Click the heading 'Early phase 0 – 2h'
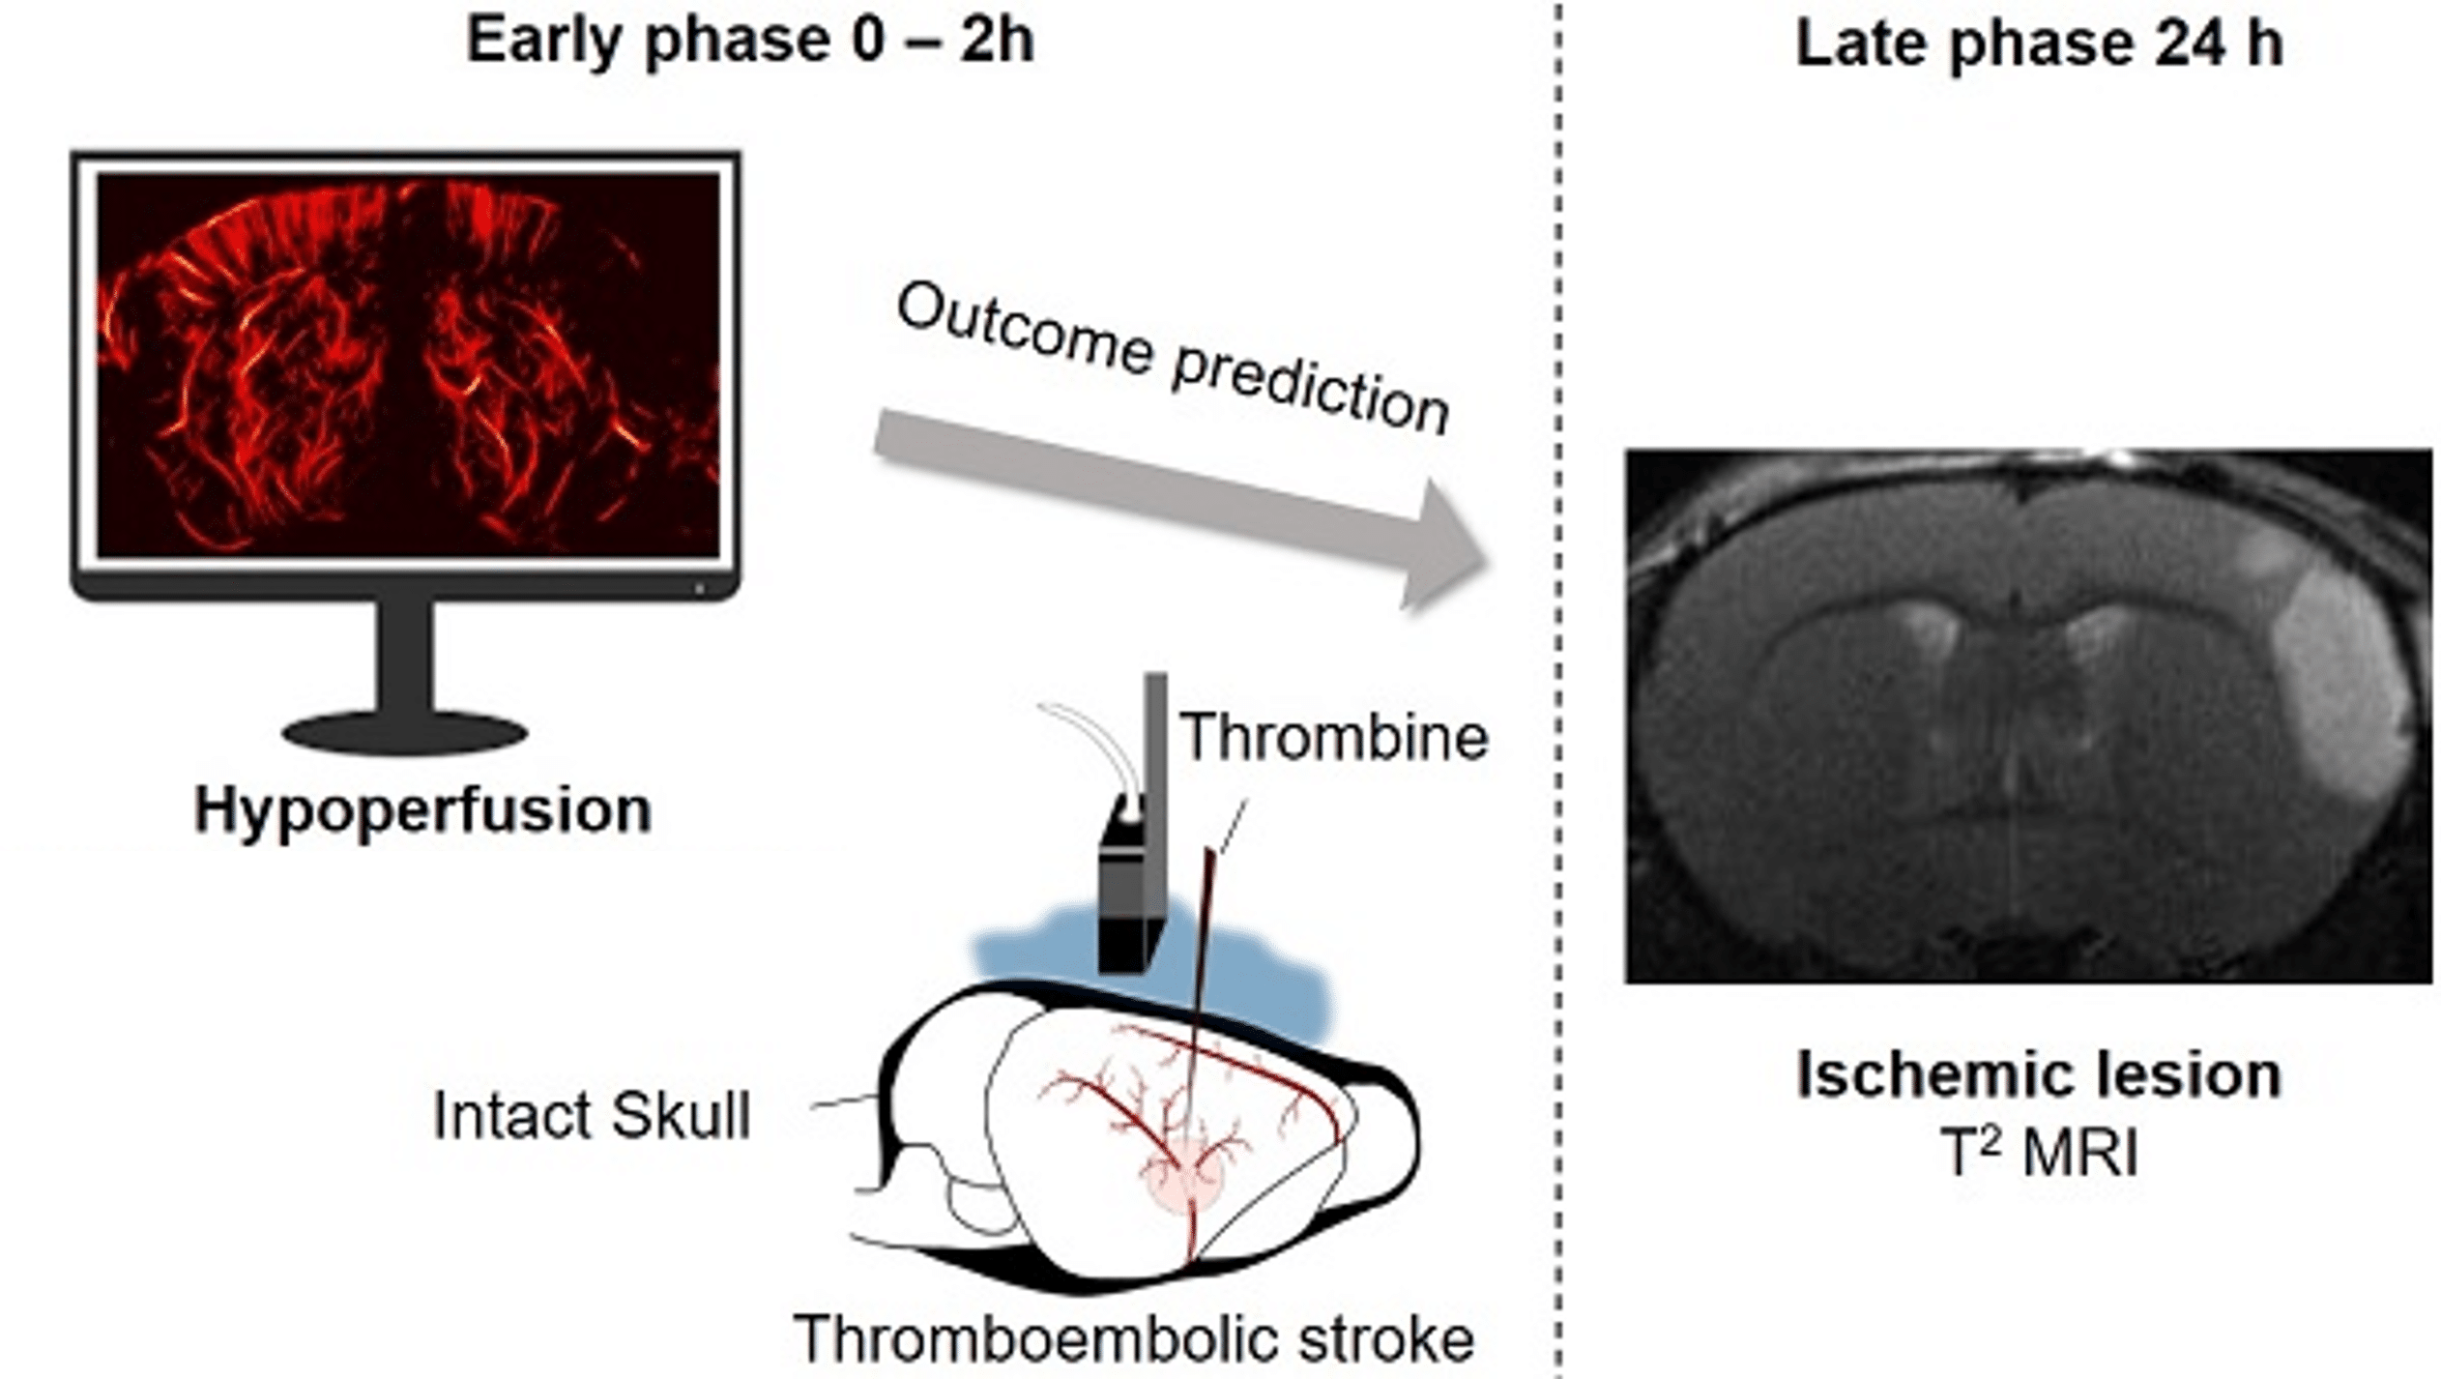[749, 41]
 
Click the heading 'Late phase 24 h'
[2038, 44]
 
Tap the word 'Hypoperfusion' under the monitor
[422, 810]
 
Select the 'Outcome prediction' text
[1172, 358]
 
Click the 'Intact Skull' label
[592, 1116]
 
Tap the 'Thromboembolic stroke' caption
[1133, 1339]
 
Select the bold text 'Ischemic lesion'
[2038, 1075]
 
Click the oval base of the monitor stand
[404, 733]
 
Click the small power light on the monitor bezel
[699, 588]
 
